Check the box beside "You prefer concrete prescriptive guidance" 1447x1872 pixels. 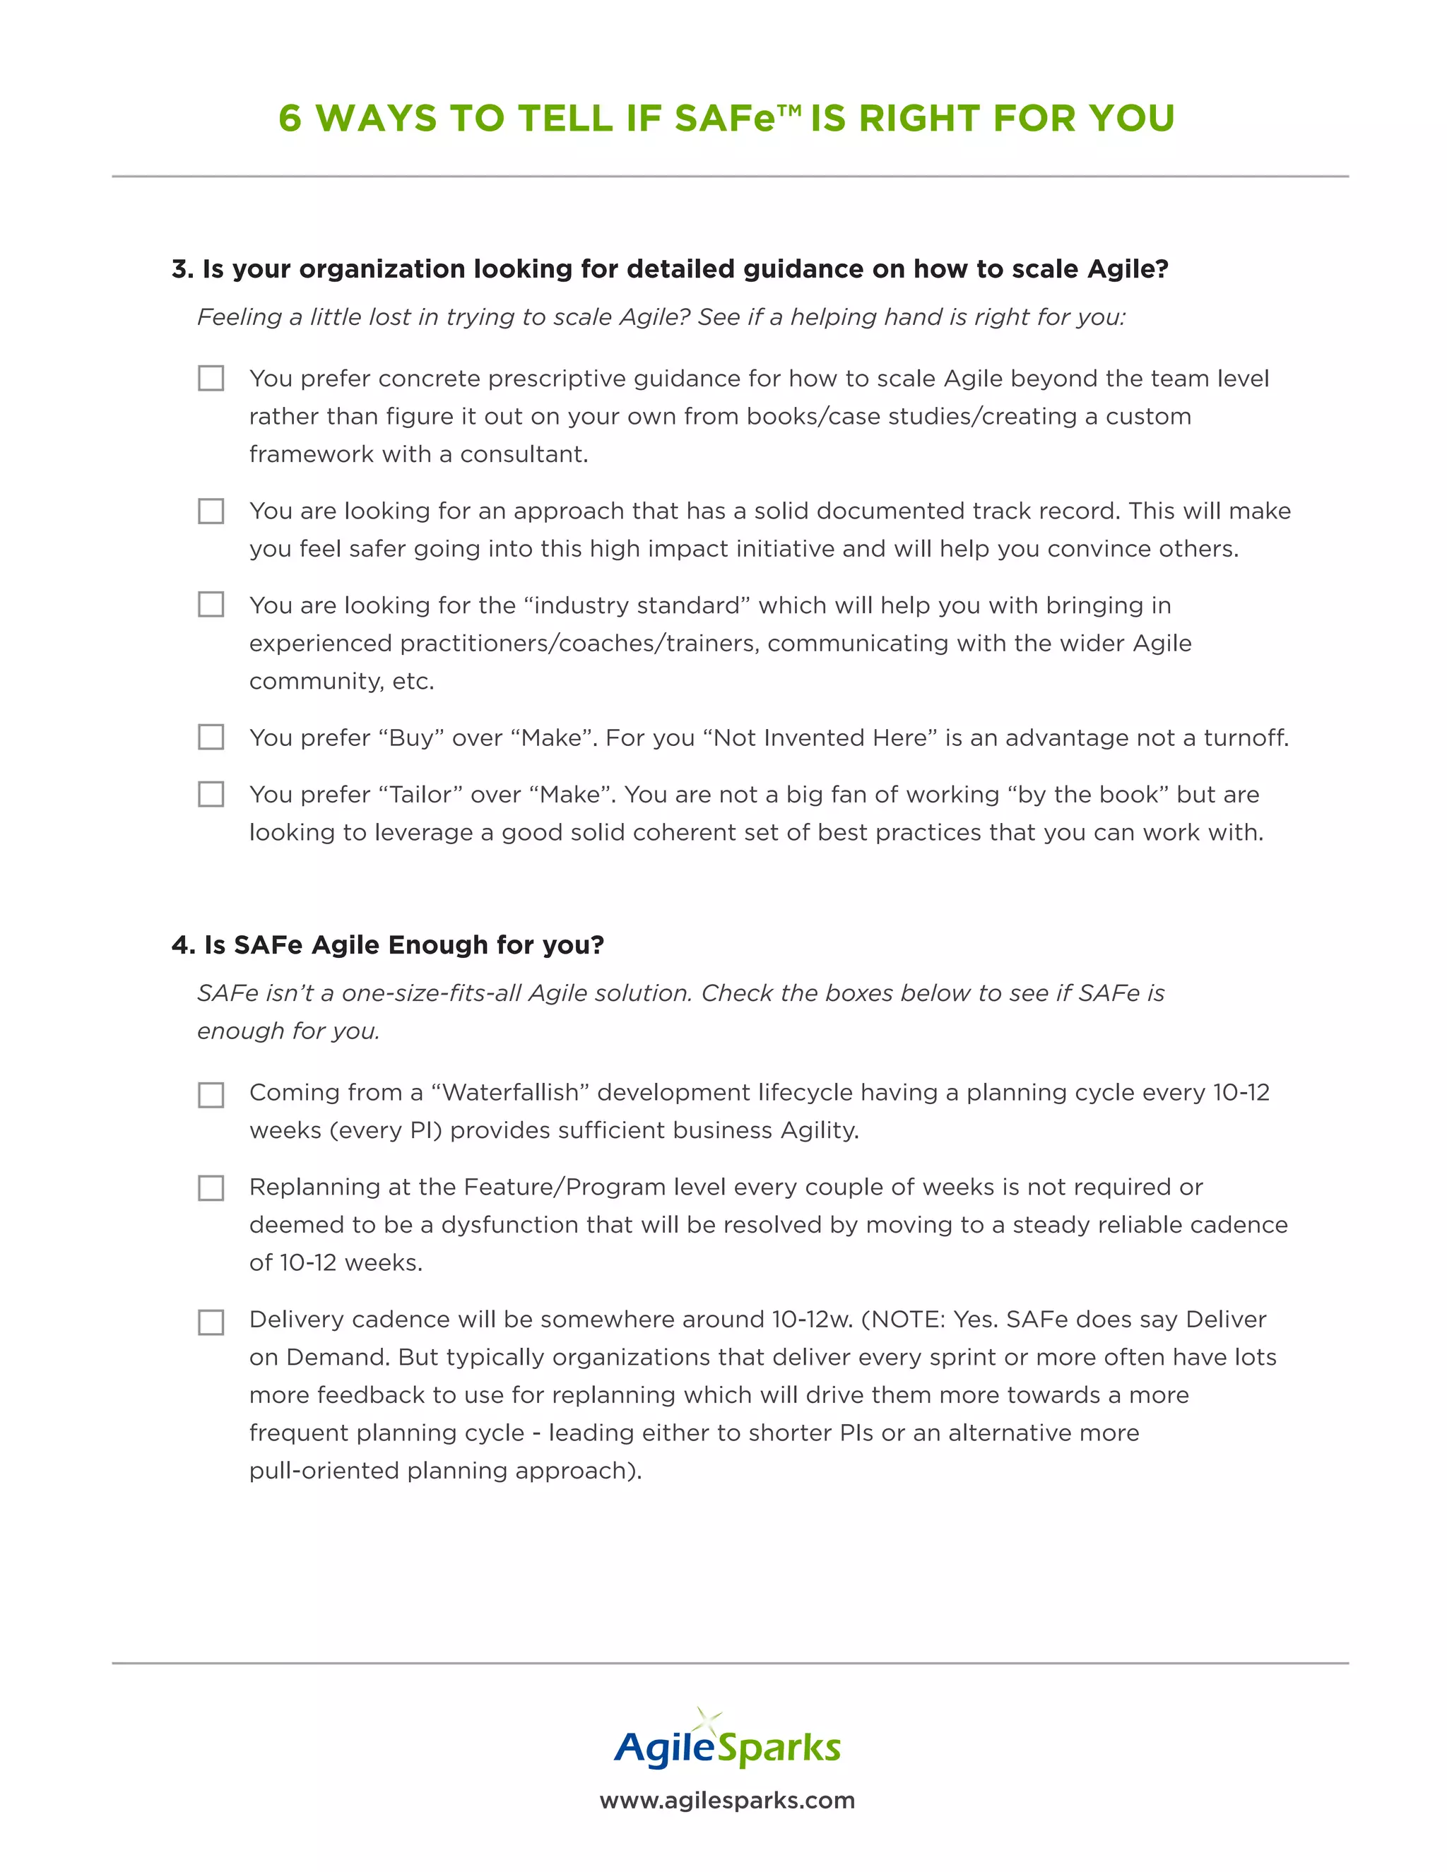tap(211, 378)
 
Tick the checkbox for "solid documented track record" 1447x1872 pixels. tap(211, 511)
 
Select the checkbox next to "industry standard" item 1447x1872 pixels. tap(211, 604)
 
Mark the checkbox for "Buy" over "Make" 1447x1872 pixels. tap(211, 737)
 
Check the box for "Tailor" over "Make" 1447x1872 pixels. tap(211, 794)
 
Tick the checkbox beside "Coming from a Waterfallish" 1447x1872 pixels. tap(211, 1094)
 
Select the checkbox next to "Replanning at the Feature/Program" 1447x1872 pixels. tap(211, 1188)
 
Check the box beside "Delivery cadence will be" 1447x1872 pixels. tap(211, 1322)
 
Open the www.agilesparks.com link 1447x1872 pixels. tap(727, 1800)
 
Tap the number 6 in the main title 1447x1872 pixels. tap(290, 118)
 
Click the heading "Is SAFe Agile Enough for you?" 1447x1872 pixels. tap(403, 944)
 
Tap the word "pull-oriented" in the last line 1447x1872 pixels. tap(324, 1471)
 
